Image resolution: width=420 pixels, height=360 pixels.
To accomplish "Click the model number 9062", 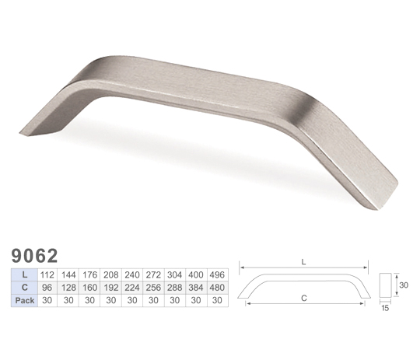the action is [34, 256].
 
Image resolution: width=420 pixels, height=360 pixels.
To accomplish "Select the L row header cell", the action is [24, 274].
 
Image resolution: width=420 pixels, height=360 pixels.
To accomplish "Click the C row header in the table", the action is [24, 288].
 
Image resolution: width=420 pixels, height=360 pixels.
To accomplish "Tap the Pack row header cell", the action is [24, 300].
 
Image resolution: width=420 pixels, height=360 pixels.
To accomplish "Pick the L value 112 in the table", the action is [47, 274].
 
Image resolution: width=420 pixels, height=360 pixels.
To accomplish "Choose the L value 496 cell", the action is [217, 274].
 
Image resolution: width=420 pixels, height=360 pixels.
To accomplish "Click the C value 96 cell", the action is [47, 288].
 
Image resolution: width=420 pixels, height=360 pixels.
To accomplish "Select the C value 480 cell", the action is [217, 288].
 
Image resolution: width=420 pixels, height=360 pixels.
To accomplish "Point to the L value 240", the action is [132, 274].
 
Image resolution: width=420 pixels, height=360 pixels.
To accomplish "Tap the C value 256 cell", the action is [153, 288].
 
